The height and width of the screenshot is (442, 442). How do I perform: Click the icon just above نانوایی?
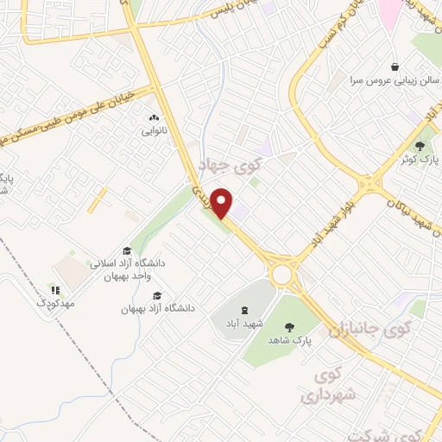click(x=154, y=118)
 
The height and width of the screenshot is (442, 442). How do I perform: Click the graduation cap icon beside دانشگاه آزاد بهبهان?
click(x=157, y=295)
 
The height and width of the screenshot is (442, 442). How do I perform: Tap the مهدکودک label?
click(x=56, y=304)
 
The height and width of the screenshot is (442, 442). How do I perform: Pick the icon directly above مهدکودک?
click(x=55, y=291)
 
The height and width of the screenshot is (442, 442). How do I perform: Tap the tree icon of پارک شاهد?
click(x=290, y=327)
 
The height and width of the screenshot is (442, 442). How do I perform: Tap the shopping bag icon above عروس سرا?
click(x=395, y=66)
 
